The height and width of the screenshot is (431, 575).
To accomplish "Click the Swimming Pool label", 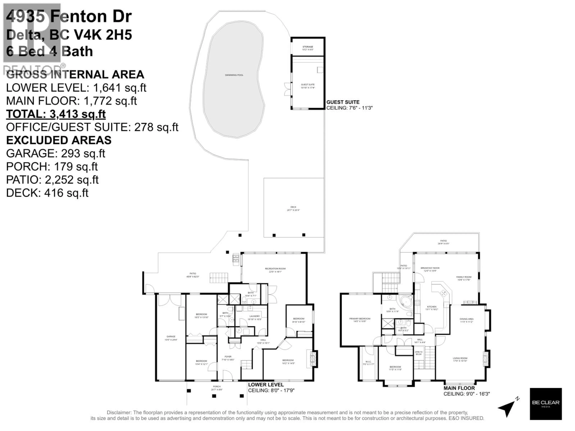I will tap(234, 75).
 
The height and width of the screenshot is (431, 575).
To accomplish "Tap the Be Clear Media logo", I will tap(546, 404).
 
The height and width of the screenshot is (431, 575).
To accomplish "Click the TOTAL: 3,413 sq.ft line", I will tap(56, 114).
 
